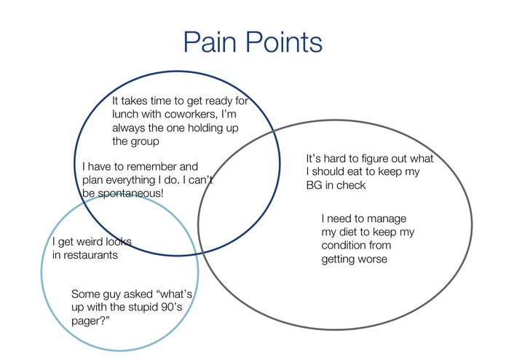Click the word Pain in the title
click(210, 42)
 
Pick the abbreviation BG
click(314, 185)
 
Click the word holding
click(205, 128)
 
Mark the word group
click(145, 142)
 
